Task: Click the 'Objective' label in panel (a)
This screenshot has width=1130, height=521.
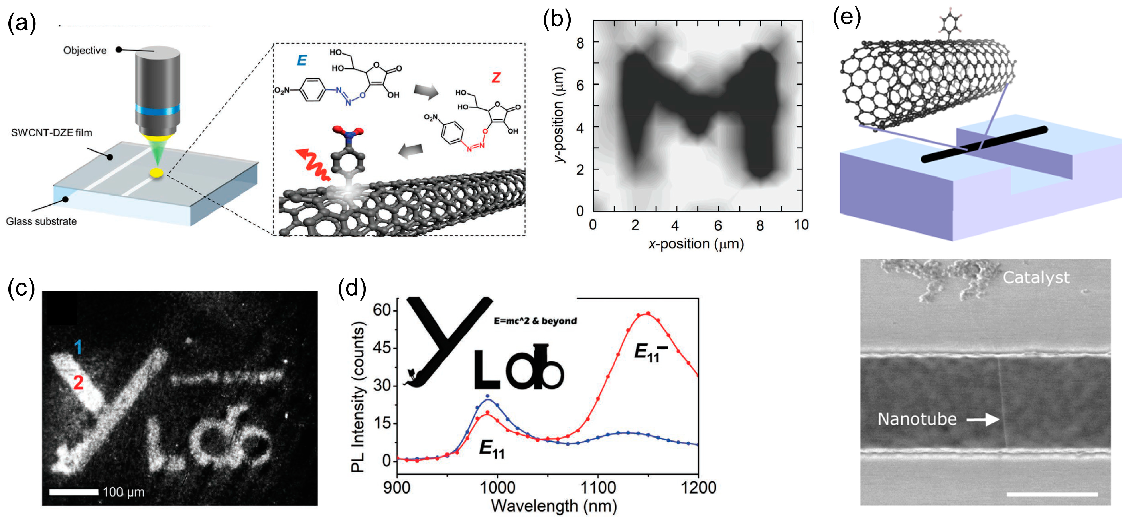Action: coord(85,51)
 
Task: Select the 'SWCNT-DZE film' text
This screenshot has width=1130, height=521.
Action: coord(51,132)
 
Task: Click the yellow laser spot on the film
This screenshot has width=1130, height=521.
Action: coord(157,173)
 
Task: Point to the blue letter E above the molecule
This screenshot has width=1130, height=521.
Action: coord(302,60)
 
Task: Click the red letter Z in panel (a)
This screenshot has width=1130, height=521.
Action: coord(496,78)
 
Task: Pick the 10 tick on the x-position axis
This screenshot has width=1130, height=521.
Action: coord(801,225)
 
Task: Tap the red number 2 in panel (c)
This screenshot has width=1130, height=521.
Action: coord(78,383)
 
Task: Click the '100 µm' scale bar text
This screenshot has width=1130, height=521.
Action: coord(123,492)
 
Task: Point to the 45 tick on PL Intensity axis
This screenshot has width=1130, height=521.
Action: coord(381,348)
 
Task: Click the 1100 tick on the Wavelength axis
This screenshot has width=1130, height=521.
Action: coord(598,488)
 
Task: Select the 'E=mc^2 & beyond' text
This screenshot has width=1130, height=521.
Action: coord(535,321)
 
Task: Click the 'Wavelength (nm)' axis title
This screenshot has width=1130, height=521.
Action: coord(553,506)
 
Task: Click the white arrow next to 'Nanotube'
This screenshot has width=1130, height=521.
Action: coord(983,420)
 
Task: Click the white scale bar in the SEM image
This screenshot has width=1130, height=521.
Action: coord(1052,494)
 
